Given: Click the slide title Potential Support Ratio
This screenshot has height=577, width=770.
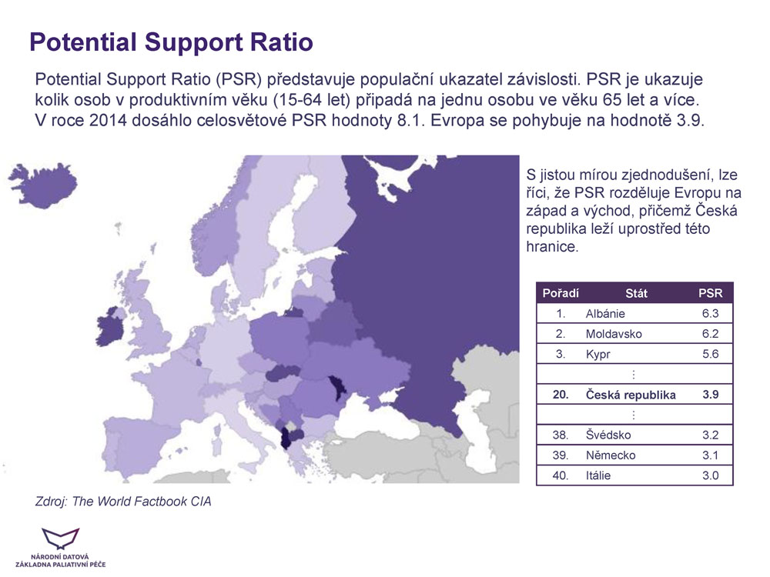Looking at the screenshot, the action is [x=172, y=42].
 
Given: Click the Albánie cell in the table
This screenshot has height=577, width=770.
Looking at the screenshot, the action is [x=605, y=314].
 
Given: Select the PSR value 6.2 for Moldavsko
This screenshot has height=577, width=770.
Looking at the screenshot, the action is [x=710, y=334].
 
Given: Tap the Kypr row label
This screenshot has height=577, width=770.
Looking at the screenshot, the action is [x=598, y=354].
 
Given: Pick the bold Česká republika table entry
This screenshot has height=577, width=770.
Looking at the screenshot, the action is [x=631, y=395].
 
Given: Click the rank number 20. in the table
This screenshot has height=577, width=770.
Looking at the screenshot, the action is [x=561, y=395].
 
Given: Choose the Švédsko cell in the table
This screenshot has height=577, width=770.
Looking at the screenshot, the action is [x=608, y=435].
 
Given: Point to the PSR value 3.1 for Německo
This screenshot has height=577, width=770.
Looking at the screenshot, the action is [x=710, y=455].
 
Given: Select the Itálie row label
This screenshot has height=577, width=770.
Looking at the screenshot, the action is [x=598, y=475].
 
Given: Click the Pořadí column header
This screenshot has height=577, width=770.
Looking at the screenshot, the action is [x=561, y=293].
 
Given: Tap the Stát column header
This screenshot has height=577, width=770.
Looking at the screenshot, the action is [x=636, y=293].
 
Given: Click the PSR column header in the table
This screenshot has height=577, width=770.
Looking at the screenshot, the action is [x=710, y=293].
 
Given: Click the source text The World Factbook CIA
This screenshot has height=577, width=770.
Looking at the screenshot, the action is [x=142, y=502].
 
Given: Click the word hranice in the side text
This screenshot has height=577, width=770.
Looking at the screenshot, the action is [x=552, y=246].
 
